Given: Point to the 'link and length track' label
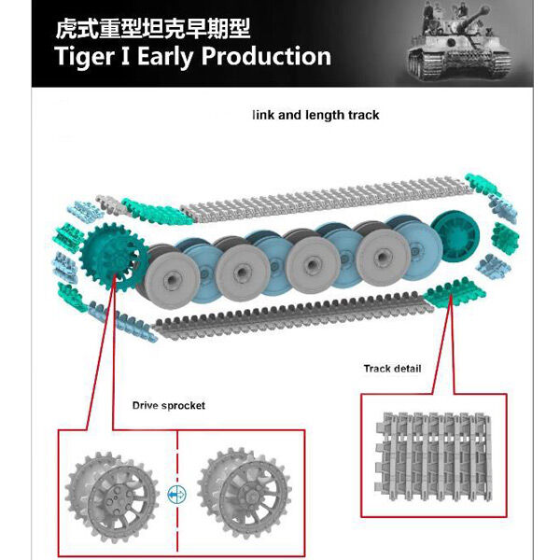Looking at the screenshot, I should [315, 116].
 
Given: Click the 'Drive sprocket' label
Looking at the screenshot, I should [169, 406].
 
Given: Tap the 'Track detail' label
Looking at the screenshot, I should [392, 369].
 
